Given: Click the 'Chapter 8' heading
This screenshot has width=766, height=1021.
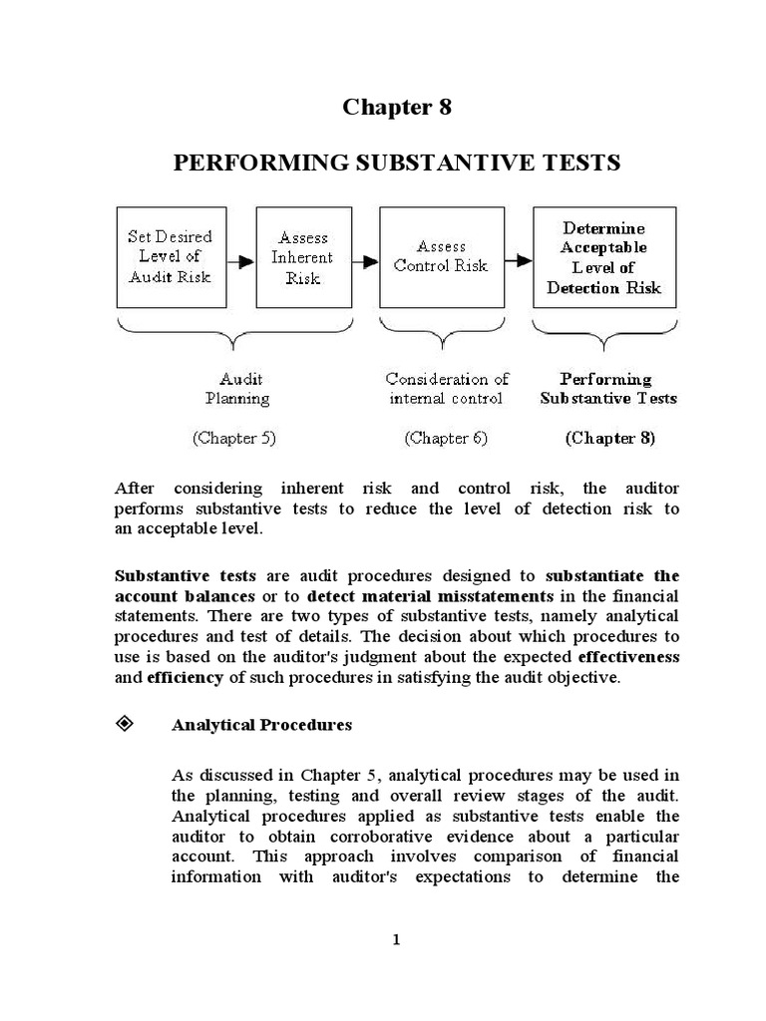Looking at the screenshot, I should click(x=397, y=108).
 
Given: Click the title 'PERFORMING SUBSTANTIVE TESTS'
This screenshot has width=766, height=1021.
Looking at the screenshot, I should click(x=397, y=163).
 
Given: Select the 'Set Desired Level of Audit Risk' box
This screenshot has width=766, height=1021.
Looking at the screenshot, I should click(x=170, y=257).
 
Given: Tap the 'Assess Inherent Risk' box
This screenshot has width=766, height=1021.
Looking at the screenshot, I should click(x=303, y=257).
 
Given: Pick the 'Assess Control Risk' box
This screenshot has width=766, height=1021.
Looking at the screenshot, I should click(x=440, y=257).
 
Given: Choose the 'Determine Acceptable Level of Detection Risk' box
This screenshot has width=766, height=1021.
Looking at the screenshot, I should click(x=603, y=257).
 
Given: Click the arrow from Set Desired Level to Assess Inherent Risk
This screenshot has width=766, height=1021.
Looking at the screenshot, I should click(x=239, y=262).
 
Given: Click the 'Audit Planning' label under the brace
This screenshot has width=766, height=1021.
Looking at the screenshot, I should click(x=237, y=389).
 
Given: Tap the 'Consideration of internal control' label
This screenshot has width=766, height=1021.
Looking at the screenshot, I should click(x=447, y=389).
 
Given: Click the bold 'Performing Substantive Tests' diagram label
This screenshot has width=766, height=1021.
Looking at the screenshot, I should click(x=607, y=389).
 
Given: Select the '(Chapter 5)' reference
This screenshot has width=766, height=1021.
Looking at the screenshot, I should click(x=237, y=438).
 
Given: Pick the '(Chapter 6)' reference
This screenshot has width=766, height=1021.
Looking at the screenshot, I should click(x=446, y=438).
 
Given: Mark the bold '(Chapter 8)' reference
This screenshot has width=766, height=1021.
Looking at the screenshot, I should click(x=610, y=438).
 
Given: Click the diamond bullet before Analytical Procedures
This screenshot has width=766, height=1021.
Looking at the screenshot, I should click(x=126, y=724).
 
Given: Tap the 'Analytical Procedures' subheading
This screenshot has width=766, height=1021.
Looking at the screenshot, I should click(x=262, y=725).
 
